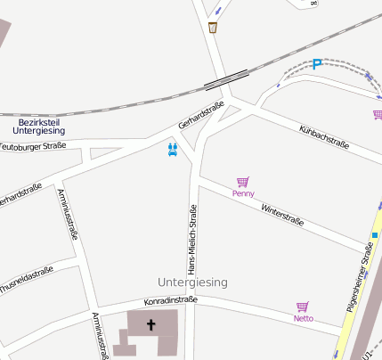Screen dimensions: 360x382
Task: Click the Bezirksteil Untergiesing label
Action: [38, 126]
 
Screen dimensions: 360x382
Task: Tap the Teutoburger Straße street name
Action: [32, 145]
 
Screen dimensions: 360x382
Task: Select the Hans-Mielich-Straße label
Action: [191, 240]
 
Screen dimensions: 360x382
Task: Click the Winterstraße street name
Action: [282, 215]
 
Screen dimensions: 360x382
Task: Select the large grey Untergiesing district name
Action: [192, 282]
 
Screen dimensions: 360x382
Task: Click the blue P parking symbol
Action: [317, 64]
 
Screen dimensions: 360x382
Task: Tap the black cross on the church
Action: [150, 325]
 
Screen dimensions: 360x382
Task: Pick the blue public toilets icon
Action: [173, 149]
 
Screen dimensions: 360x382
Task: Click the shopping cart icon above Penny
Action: [242, 182]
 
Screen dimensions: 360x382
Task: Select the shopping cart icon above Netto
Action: [303, 307]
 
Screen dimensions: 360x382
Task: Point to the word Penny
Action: [243, 193]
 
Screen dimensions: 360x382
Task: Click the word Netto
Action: [304, 317]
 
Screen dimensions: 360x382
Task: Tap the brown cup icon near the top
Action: [213, 28]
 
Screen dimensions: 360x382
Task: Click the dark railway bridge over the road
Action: [220, 82]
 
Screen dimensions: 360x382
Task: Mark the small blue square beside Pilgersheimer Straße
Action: [375, 235]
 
